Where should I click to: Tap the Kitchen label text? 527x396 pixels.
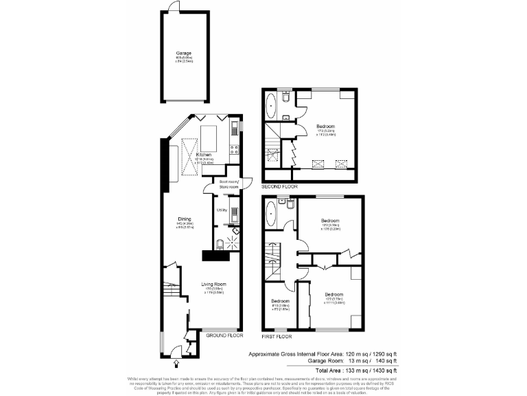pos(204,155)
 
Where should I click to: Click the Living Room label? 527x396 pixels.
pos(213,284)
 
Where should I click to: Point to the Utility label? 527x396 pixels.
pos(222,210)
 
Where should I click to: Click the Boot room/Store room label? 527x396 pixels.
pos(229,184)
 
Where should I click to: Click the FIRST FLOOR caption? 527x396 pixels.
pos(278,337)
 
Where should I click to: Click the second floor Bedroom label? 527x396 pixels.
pos(325,126)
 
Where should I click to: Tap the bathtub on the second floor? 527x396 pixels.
pos(270,107)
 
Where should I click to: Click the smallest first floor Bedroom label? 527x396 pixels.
pos(280,302)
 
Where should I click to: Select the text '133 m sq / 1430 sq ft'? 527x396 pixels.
pos(367,370)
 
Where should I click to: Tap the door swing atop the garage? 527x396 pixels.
pos(176,6)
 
